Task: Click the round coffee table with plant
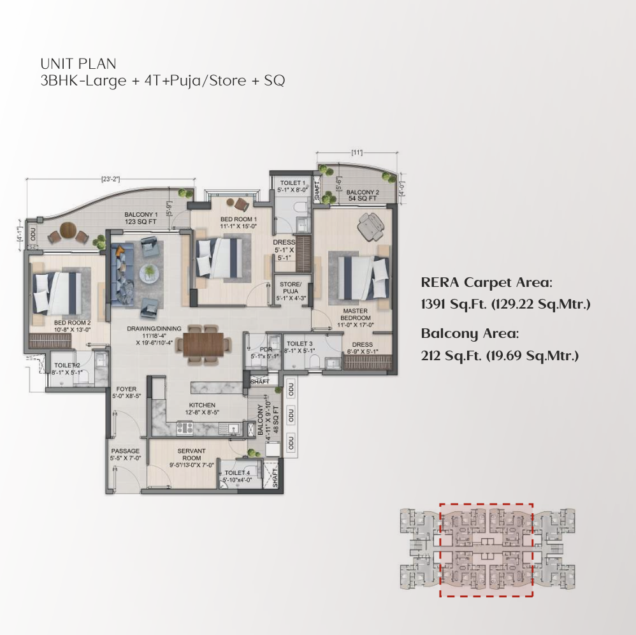[149, 272]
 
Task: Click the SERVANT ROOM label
[191, 455]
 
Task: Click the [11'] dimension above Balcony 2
[357, 152]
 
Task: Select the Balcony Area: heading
[470, 333]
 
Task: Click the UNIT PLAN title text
[78, 64]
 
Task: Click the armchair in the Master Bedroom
[370, 224]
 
